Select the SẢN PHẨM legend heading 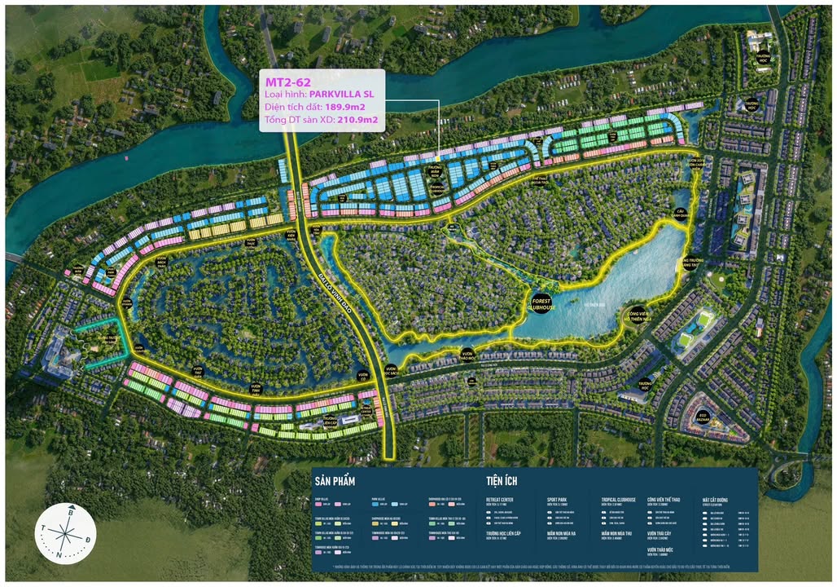[x=335, y=481]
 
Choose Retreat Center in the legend [x=499, y=497]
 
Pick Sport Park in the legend [x=558, y=497]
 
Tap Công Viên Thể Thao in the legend [x=664, y=497]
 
